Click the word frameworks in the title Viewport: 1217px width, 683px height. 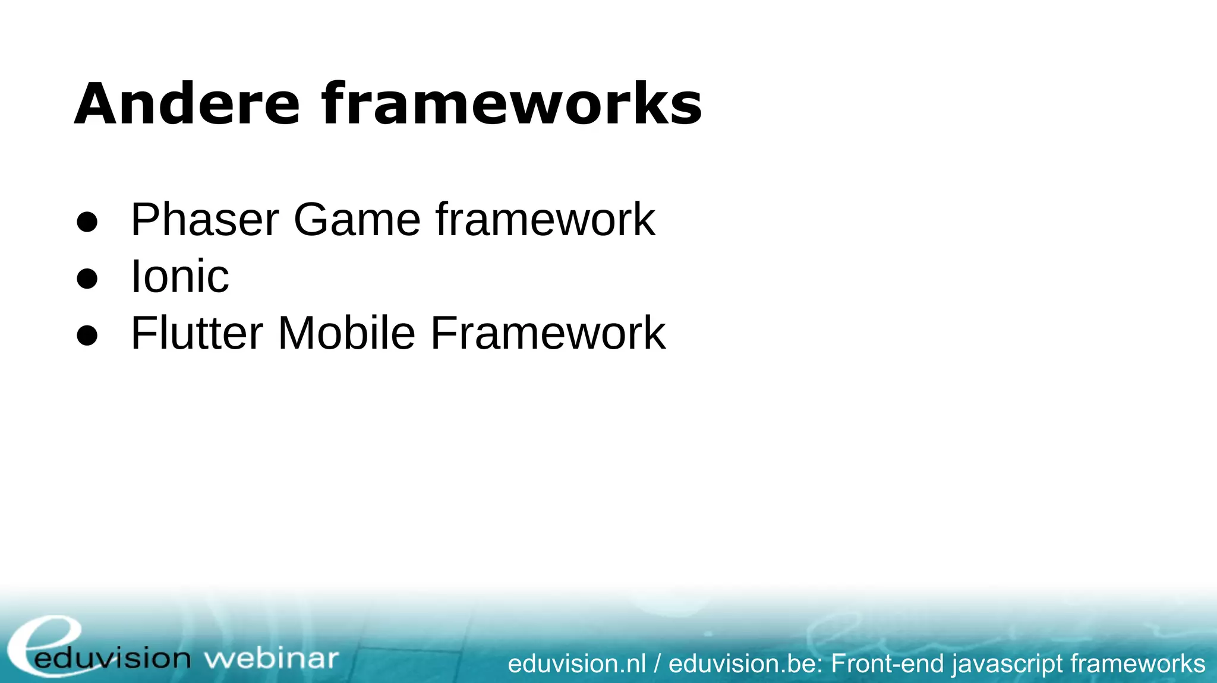(512, 105)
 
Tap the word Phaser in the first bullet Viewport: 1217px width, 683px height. (204, 220)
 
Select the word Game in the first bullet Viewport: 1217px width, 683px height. (357, 220)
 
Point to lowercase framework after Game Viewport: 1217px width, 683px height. (545, 220)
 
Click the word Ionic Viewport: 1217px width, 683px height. (179, 277)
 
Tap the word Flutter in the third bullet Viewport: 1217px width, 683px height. (197, 333)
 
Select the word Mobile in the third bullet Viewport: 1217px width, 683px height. (346, 333)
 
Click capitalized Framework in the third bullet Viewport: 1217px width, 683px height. (547, 333)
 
